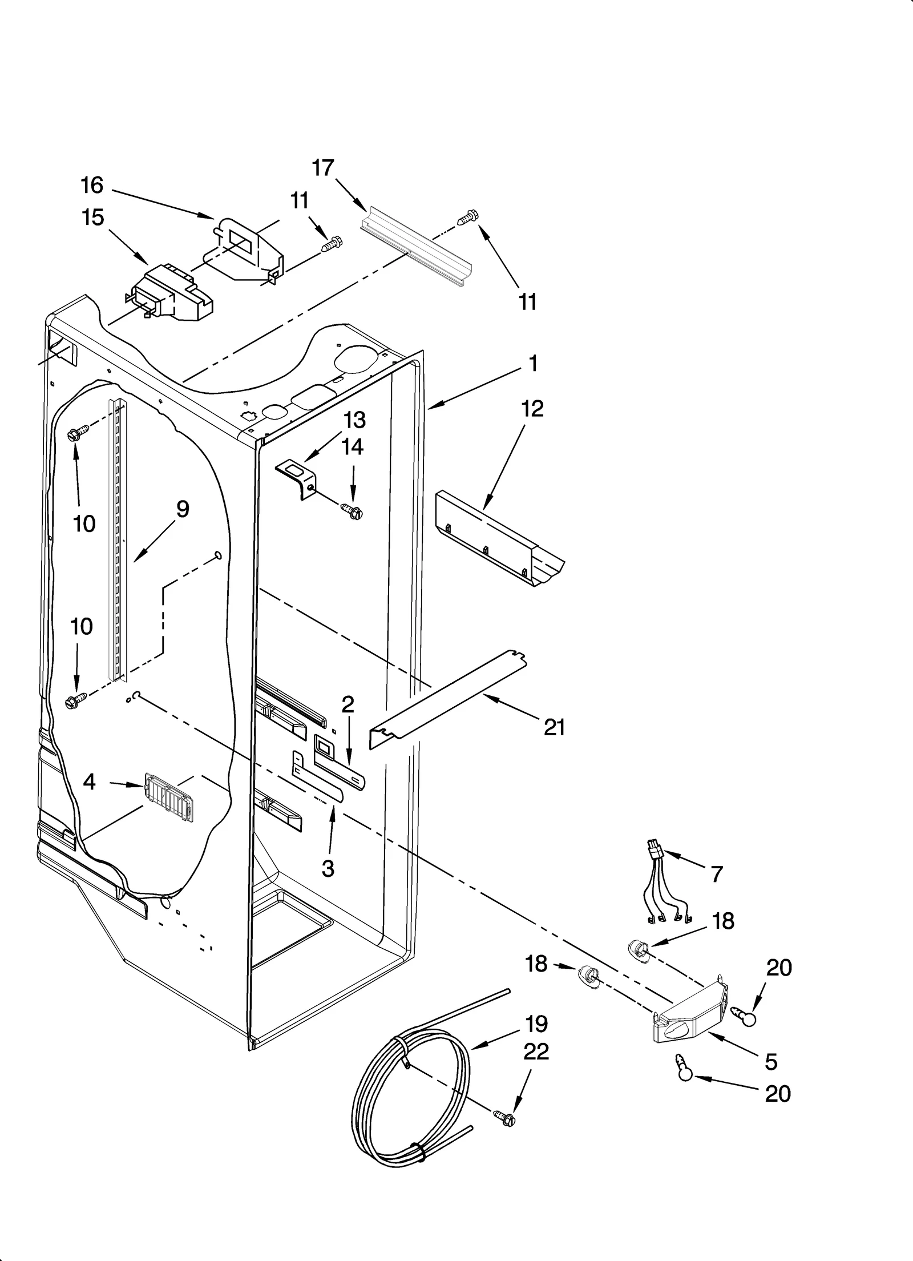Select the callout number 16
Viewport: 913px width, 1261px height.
pyautogui.click(x=92, y=185)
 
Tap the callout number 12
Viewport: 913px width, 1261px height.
pyautogui.click(x=532, y=409)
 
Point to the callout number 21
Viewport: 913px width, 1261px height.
pyautogui.click(x=554, y=727)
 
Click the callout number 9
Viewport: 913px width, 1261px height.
pyautogui.click(x=183, y=509)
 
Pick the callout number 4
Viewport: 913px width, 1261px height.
pyautogui.click(x=90, y=781)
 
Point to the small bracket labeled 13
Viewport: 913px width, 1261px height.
pyautogui.click(x=298, y=478)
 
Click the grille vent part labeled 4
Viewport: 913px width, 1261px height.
pyautogui.click(x=169, y=797)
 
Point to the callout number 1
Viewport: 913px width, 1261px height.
pyautogui.click(x=533, y=363)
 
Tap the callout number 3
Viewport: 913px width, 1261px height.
pyautogui.click(x=328, y=868)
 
